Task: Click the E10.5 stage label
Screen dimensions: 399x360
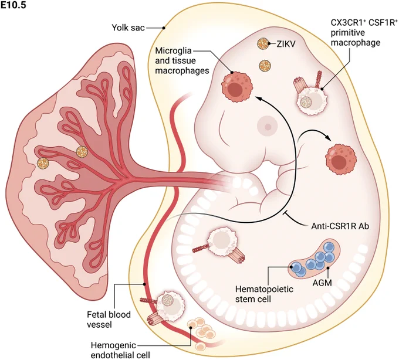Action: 13,5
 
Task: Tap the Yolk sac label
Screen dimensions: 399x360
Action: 129,28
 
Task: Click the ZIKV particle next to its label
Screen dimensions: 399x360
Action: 263,44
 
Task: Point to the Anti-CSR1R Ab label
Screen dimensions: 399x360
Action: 340,226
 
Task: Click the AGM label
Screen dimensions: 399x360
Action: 322,283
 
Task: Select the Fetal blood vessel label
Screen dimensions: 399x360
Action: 109,320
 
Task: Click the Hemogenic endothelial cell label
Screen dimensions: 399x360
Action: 120,351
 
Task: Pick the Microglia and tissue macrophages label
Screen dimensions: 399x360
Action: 182,60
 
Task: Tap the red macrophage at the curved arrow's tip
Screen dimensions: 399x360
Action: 340,159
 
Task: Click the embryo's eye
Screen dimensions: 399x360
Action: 268,127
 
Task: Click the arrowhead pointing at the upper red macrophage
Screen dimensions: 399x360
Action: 258,99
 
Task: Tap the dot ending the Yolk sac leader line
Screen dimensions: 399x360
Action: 164,28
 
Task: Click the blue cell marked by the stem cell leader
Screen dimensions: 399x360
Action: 296,267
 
